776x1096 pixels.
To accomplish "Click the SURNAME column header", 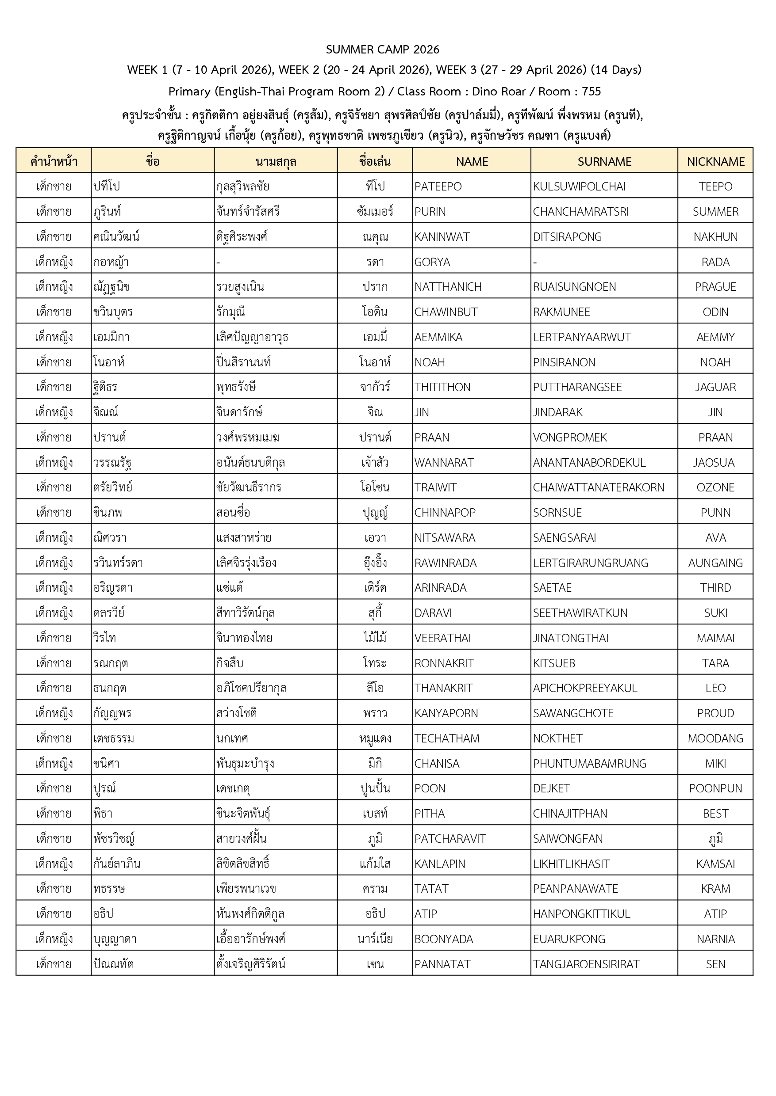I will point(604,162).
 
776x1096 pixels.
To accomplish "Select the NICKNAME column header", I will point(715,162).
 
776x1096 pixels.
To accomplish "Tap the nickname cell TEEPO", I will point(715,186).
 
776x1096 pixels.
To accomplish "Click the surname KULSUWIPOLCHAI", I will point(579,186).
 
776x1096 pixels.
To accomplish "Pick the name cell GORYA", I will point(432,262).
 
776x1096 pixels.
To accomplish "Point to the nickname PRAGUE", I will point(715,287).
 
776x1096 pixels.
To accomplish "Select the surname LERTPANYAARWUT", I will point(582,338).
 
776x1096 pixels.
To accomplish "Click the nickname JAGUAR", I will point(715,387).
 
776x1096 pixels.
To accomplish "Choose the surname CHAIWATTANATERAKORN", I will point(598,487).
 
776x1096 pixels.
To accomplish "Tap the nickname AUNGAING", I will point(715,563).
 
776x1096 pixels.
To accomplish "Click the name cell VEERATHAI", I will point(442,638).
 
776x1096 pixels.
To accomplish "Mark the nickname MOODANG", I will point(715,738).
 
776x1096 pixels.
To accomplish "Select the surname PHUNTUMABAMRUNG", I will point(590,764).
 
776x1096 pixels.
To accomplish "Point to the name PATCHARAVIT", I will point(450,839).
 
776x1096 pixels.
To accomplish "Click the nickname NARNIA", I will point(715,939).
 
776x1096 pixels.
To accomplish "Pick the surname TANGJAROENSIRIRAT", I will point(586,964).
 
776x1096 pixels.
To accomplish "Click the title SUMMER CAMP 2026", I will point(382,49).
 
